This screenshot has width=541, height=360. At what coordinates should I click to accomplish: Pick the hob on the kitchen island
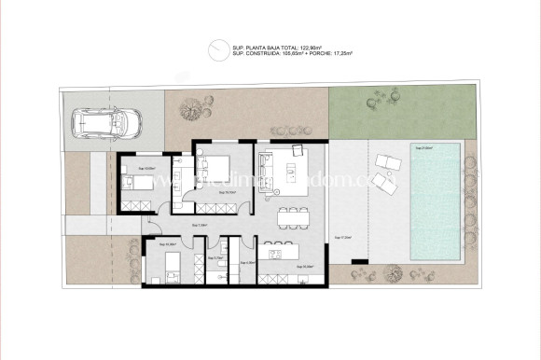(274, 252)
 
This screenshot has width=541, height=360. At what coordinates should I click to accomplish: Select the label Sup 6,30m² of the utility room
(248, 264)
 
